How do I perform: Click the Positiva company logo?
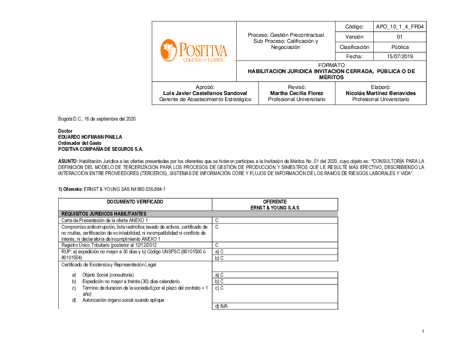194,51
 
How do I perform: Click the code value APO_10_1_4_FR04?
400,27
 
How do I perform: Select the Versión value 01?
400,37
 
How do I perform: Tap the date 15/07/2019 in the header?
400,56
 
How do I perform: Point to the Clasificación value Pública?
400,47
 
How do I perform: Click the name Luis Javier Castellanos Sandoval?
205,93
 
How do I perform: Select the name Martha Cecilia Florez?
296,93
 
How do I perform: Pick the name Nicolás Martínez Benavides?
380,93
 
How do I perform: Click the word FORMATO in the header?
331,65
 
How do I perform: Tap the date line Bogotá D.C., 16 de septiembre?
97,119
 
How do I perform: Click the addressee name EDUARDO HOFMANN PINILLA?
90,137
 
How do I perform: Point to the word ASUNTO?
68,161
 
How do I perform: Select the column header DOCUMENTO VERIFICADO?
135,202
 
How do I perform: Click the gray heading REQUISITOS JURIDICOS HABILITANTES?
104,214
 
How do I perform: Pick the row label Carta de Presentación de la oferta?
105,220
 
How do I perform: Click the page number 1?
423,332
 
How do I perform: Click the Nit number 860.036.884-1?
150,190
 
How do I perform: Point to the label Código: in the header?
354,27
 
